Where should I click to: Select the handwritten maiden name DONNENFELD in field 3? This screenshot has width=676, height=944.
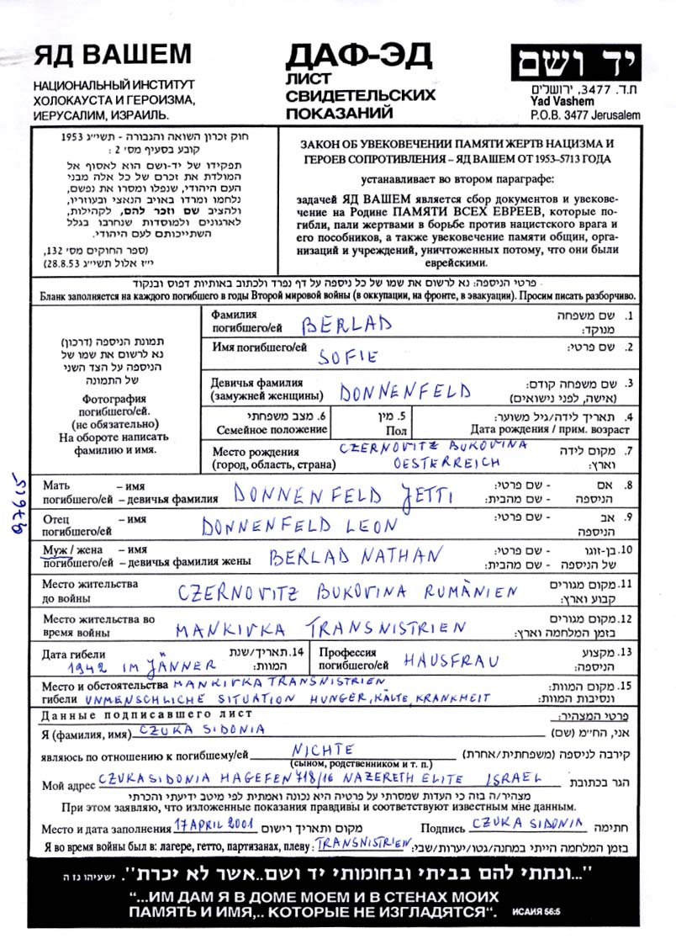405,391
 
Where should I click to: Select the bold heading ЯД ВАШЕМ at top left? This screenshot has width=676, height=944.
114,55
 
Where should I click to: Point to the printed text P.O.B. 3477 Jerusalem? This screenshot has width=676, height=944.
573,114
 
